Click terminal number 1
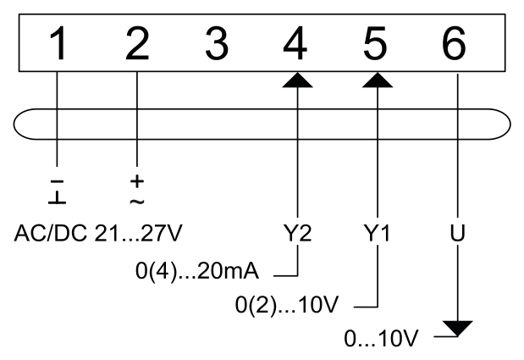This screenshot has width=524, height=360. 58,43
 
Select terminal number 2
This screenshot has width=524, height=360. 137,43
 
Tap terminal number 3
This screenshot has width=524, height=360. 217,43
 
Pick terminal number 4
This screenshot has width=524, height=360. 295,43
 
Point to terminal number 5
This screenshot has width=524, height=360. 375,44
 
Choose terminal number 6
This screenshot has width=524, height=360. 454,43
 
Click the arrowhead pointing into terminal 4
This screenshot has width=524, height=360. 297,80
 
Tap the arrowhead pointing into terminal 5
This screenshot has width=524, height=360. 378,80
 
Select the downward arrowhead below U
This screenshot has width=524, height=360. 457,329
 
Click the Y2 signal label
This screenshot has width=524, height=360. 297,233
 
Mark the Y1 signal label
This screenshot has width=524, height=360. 377,233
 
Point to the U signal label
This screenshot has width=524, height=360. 457,233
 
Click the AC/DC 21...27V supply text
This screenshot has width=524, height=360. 98,233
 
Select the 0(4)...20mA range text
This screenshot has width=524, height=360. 197,271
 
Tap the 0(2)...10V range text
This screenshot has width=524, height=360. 287,304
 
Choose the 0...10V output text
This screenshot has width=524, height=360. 381,338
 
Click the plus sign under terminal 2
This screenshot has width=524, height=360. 137,181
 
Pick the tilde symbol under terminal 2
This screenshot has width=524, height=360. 137,202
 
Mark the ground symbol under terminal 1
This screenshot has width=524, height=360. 58,198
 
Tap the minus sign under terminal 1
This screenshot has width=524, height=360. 58,181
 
